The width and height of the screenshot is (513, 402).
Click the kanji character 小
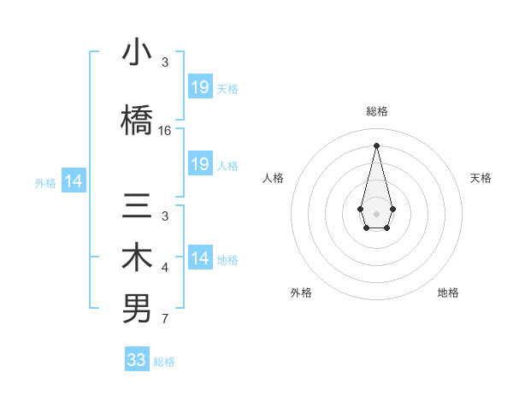tap(137, 54)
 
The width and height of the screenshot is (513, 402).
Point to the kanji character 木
tap(137, 259)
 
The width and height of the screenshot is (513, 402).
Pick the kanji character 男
tap(137, 309)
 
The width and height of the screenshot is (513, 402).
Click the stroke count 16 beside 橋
tap(165, 131)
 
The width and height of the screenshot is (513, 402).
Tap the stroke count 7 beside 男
tap(165, 319)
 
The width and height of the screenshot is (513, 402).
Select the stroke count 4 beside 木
tap(165, 269)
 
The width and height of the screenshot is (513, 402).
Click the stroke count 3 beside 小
tap(165, 62)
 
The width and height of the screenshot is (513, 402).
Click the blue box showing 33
tap(137, 360)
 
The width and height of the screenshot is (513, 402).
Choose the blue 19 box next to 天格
tap(200, 87)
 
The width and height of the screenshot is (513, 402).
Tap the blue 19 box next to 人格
tap(200, 164)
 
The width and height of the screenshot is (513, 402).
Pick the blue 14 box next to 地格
tap(200, 258)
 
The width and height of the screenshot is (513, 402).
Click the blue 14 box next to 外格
tap(74, 181)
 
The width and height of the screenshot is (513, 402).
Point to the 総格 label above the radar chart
tap(376, 111)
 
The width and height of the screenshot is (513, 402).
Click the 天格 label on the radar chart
tap(481, 178)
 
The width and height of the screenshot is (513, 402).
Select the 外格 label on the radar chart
tap(301, 293)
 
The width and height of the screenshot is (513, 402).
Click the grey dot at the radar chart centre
tap(376, 212)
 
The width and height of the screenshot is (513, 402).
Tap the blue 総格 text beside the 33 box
tap(164, 362)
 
